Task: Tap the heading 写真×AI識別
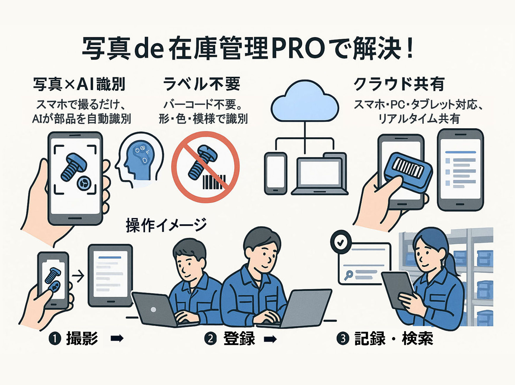point(79,84)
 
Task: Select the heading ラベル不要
point(201,84)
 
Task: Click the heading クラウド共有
point(398,84)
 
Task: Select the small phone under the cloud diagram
point(275,174)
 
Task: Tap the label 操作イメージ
point(166,225)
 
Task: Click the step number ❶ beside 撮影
point(55,339)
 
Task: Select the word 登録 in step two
point(239,339)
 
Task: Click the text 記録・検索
point(394,339)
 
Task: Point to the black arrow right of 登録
point(270,339)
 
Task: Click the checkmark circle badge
point(340,242)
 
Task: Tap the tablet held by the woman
point(397,290)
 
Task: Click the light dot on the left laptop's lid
point(153,310)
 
